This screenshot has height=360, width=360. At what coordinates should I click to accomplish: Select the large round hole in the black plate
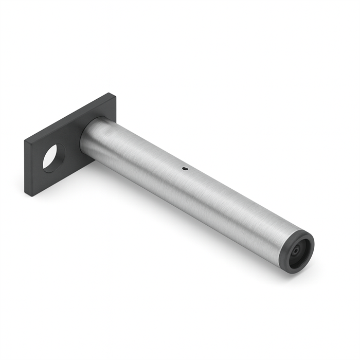53,157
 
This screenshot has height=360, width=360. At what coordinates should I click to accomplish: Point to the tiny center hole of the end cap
297,251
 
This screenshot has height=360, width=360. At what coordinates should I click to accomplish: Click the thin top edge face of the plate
67,116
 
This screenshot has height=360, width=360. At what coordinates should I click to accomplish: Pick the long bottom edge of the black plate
62,178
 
